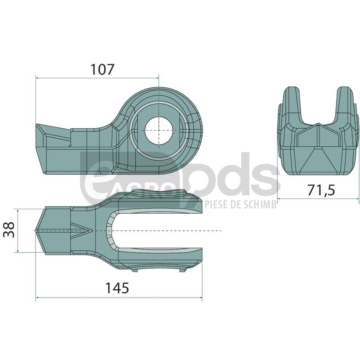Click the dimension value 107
(x=103, y=70)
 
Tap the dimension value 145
(x=117, y=288)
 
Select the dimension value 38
(x=9, y=230)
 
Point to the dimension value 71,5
(x=321, y=190)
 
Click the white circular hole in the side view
(x=159, y=130)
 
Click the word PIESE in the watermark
(x=214, y=204)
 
